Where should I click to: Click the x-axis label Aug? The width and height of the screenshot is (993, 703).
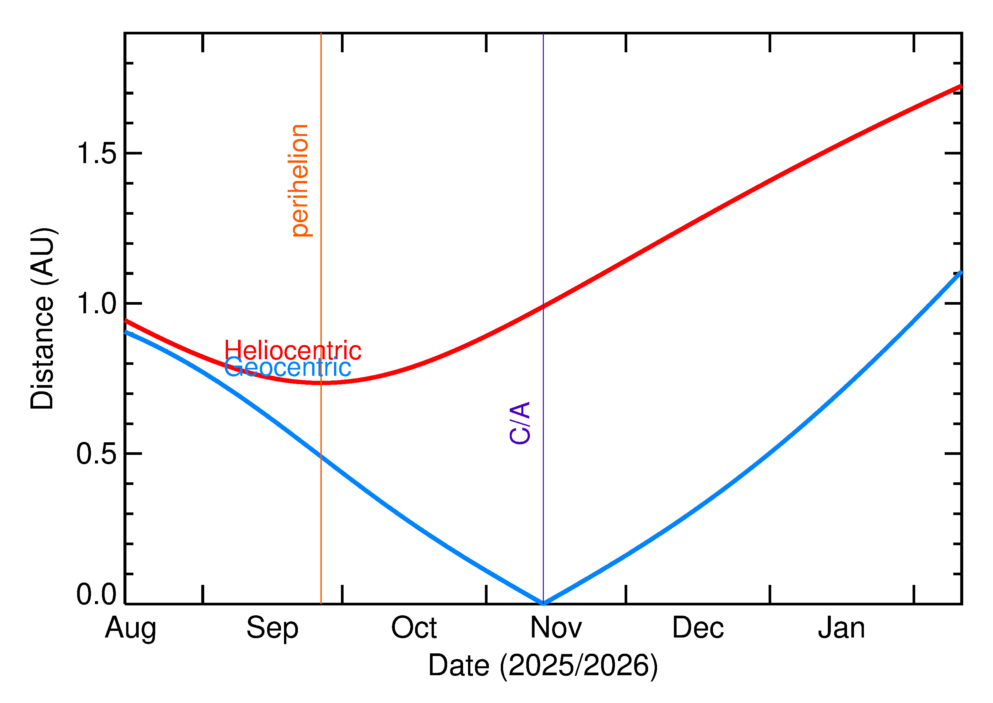[x=130, y=629]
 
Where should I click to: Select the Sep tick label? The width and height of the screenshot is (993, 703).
[x=272, y=629]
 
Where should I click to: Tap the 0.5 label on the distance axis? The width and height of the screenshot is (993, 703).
[x=97, y=454]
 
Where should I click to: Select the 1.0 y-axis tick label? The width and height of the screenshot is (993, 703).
[x=97, y=304]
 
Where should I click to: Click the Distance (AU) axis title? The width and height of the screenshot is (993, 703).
[x=42, y=319]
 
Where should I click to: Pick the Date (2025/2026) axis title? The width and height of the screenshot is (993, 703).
[x=543, y=666]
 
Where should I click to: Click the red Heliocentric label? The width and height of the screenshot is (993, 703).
[x=293, y=350]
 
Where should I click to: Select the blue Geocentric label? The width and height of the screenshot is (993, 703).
[x=288, y=368]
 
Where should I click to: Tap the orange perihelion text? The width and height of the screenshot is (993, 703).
[x=300, y=181]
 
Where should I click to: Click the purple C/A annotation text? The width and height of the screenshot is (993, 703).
[x=520, y=423]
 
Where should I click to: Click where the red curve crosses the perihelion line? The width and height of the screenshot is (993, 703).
[x=321, y=383]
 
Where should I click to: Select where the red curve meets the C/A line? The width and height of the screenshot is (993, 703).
[x=544, y=306]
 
